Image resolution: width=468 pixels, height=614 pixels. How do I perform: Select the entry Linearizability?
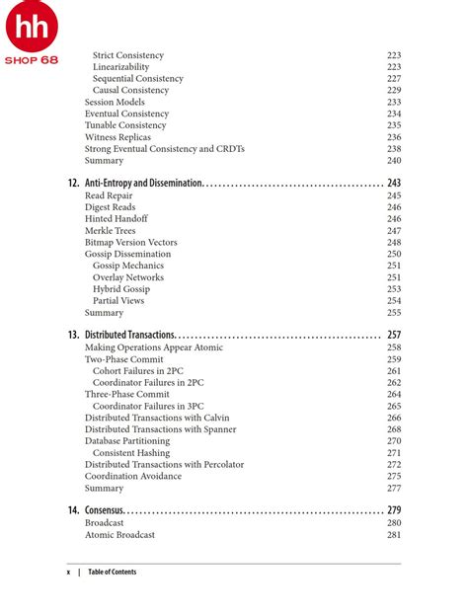[122, 67]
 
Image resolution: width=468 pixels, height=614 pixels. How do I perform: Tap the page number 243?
[394, 184]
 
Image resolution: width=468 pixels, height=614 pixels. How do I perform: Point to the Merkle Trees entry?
[110, 231]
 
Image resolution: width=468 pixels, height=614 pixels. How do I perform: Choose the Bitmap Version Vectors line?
[130, 243]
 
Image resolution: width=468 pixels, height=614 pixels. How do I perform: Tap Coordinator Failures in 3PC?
[148, 406]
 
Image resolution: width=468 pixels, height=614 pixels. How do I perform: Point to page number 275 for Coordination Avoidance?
[394, 476]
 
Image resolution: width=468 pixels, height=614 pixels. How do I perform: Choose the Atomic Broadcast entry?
[119, 535]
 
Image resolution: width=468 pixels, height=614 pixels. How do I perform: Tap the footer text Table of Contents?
[112, 572]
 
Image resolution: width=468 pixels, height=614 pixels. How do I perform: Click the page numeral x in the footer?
[68, 572]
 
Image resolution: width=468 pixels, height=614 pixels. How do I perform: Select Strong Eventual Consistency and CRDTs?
[164, 149]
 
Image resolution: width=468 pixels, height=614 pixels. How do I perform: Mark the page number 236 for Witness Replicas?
[394, 137]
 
